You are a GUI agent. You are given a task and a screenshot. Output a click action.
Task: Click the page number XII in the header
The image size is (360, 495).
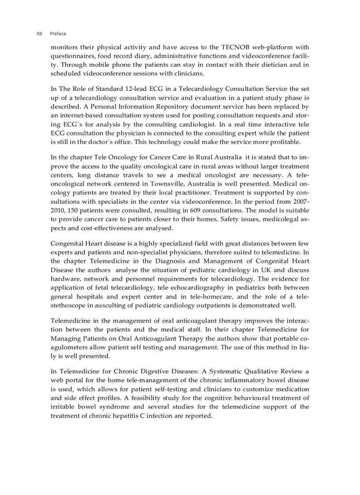tap(39, 33)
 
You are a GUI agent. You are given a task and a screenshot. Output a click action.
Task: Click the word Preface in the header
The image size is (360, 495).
tap(58, 33)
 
